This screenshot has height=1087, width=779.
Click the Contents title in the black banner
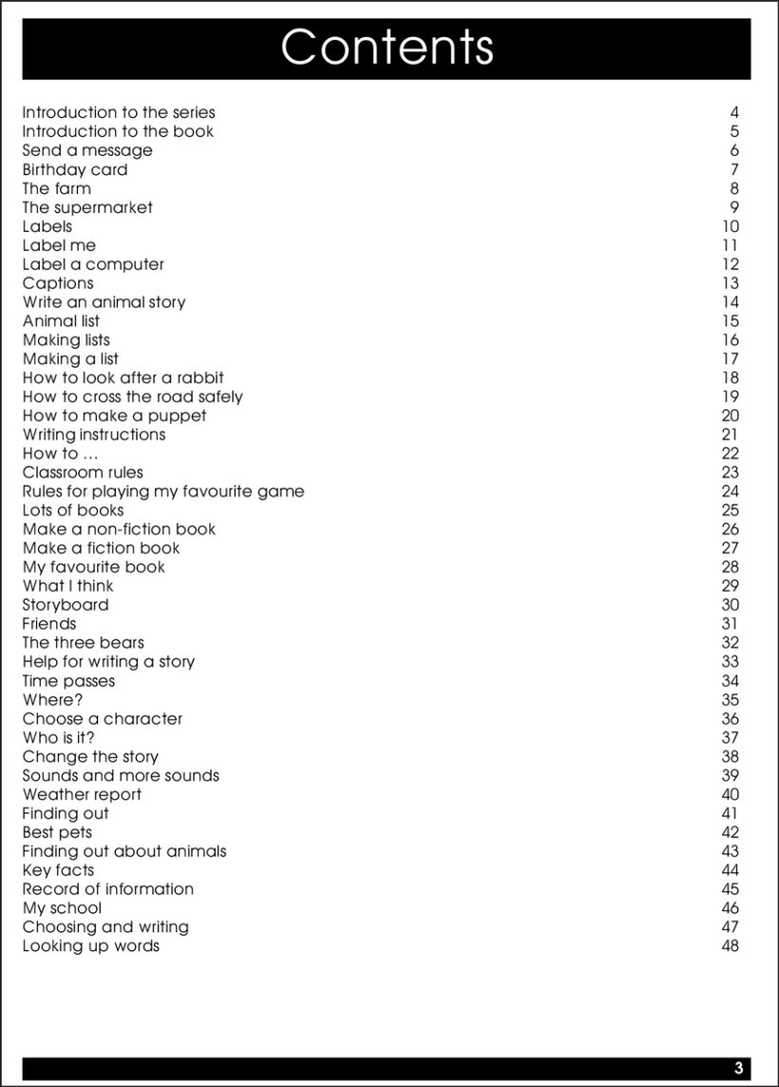(387, 48)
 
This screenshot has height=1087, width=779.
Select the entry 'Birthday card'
(75, 170)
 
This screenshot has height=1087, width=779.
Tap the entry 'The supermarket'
(87, 208)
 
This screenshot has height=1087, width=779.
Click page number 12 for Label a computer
(730, 265)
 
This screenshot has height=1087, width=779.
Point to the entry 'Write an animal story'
(104, 303)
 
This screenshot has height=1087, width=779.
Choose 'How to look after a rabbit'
(123, 378)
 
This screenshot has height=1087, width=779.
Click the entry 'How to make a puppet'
(114, 416)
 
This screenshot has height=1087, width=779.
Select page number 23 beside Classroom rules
(730, 473)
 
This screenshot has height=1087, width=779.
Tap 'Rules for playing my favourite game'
(163, 492)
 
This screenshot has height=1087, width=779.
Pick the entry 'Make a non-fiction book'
(119, 529)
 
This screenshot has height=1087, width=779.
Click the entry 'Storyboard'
(66, 605)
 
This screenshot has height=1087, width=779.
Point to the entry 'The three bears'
(84, 643)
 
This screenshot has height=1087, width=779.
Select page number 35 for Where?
(730, 700)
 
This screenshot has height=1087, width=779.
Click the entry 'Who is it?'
(59, 738)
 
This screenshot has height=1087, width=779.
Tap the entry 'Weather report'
(82, 795)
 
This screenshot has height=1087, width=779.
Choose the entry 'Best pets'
(57, 833)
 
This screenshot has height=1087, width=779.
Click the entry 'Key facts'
(58, 870)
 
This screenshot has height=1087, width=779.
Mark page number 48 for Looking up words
(730, 946)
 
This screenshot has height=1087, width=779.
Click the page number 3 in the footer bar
(738, 1068)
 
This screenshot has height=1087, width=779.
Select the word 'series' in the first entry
(193, 113)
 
